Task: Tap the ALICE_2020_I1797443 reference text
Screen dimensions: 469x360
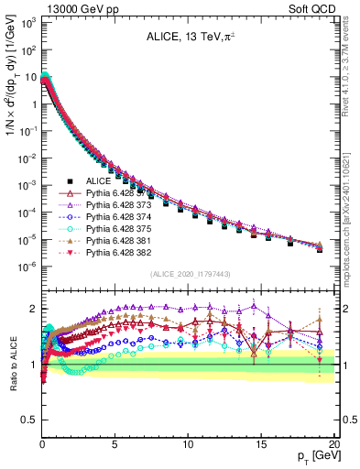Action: pos(188,274)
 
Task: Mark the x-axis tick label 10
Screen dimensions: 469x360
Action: pos(187,443)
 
